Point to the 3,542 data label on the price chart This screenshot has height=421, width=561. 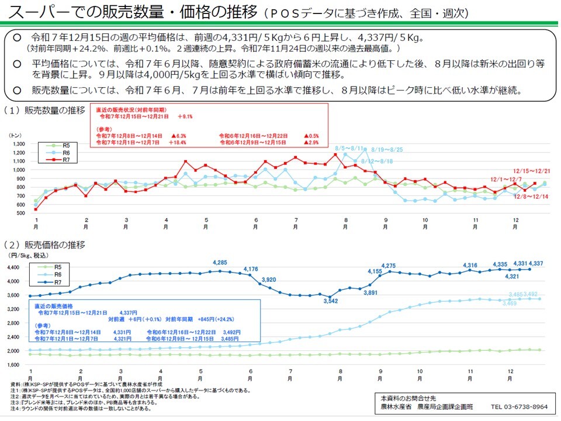pyautogui.click(x=330, y=301)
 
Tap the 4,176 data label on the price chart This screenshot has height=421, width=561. pyautogui.click(x=251, y=269)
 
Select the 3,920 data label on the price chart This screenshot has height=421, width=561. pyautogui.click(x=269, y=279)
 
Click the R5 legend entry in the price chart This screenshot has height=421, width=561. pyautogui.click(x=58, y=267)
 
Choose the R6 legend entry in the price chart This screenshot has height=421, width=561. pyautogui.click(x=58, y=274)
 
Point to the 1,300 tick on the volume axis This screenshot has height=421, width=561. pyautogui.click(x=17, y=144)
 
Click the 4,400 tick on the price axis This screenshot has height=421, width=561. pyautogui.click(x=13, y=267)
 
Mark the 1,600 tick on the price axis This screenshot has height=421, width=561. pyautogui.click(x=13, y=365)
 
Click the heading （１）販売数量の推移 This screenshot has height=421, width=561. pyautogui.click(x=44, y=110)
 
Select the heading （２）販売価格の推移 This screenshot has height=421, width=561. pyautogui.click(x=44, y=244)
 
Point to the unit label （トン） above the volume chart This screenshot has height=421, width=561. pyautogui.click(x=16, y=136)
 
